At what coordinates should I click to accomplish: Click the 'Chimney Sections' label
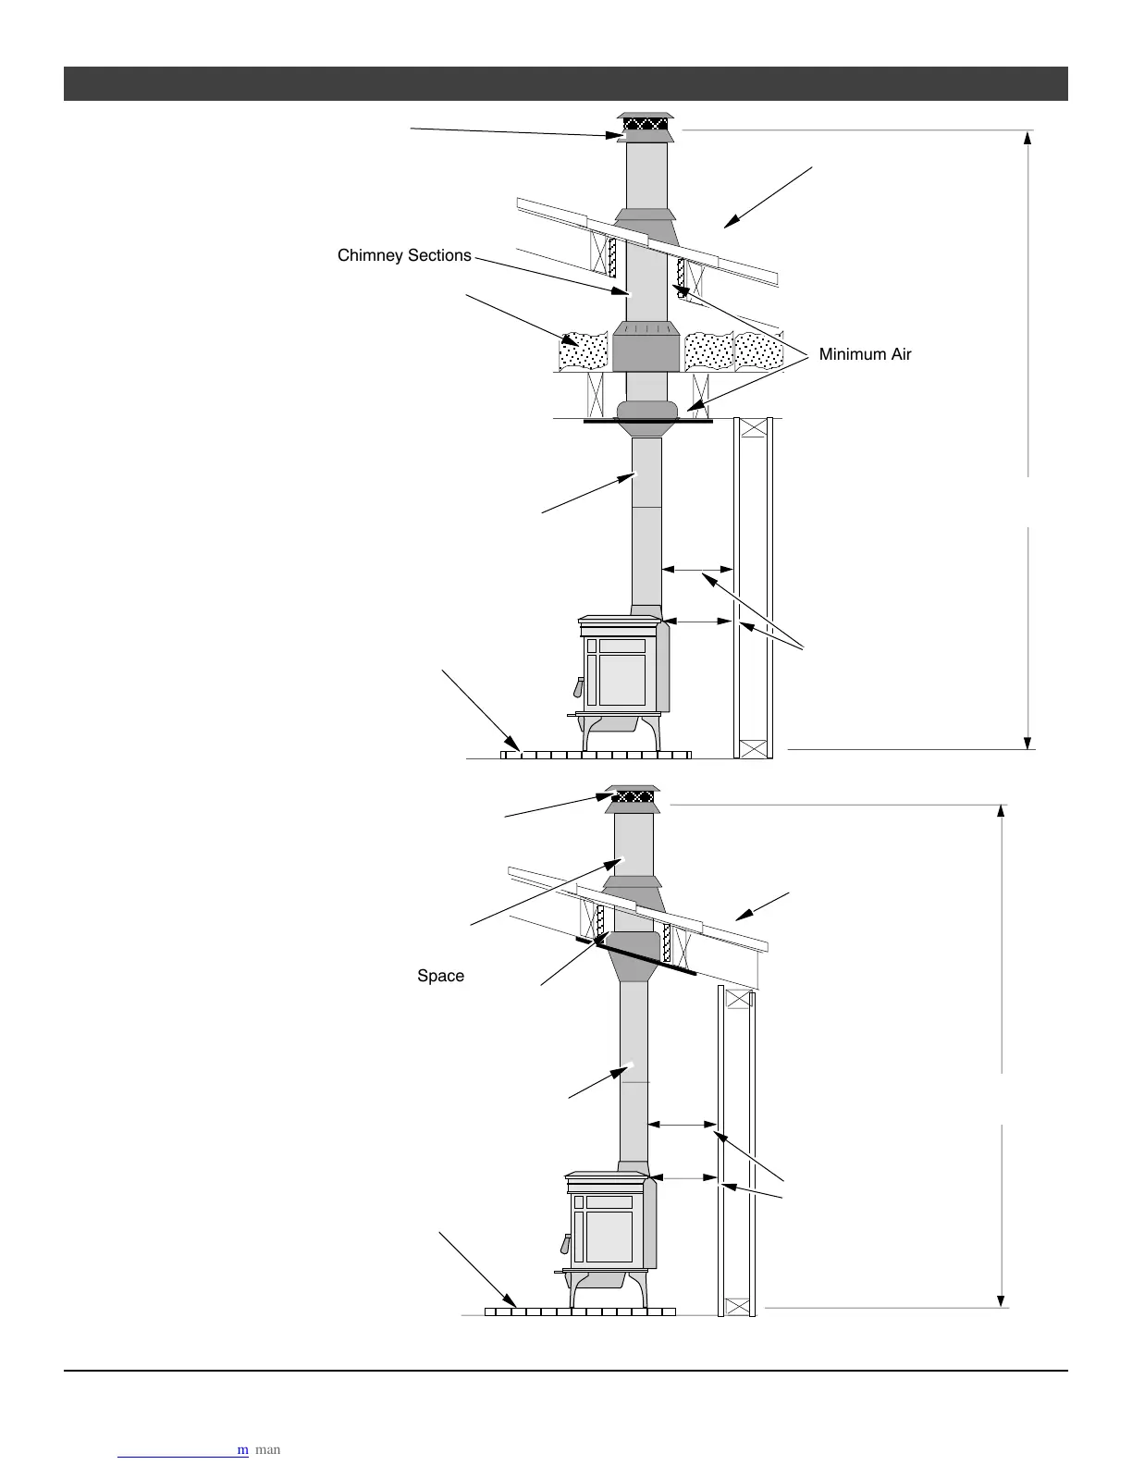[x=404, y=255]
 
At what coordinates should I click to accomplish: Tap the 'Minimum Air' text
[x=865, y=354]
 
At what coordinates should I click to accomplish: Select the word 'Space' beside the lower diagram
[x=440, y=976]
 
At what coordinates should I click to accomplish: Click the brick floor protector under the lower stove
[x=580, y=1311]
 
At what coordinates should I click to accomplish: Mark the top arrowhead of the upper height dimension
[x=1027, y=139]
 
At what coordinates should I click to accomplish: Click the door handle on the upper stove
[x=579, y=687]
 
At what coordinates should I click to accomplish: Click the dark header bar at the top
[x=565, y=83]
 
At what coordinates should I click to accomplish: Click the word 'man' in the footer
[x=267, y=1449]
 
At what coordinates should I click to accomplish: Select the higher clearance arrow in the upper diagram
[x=697, y=571]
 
